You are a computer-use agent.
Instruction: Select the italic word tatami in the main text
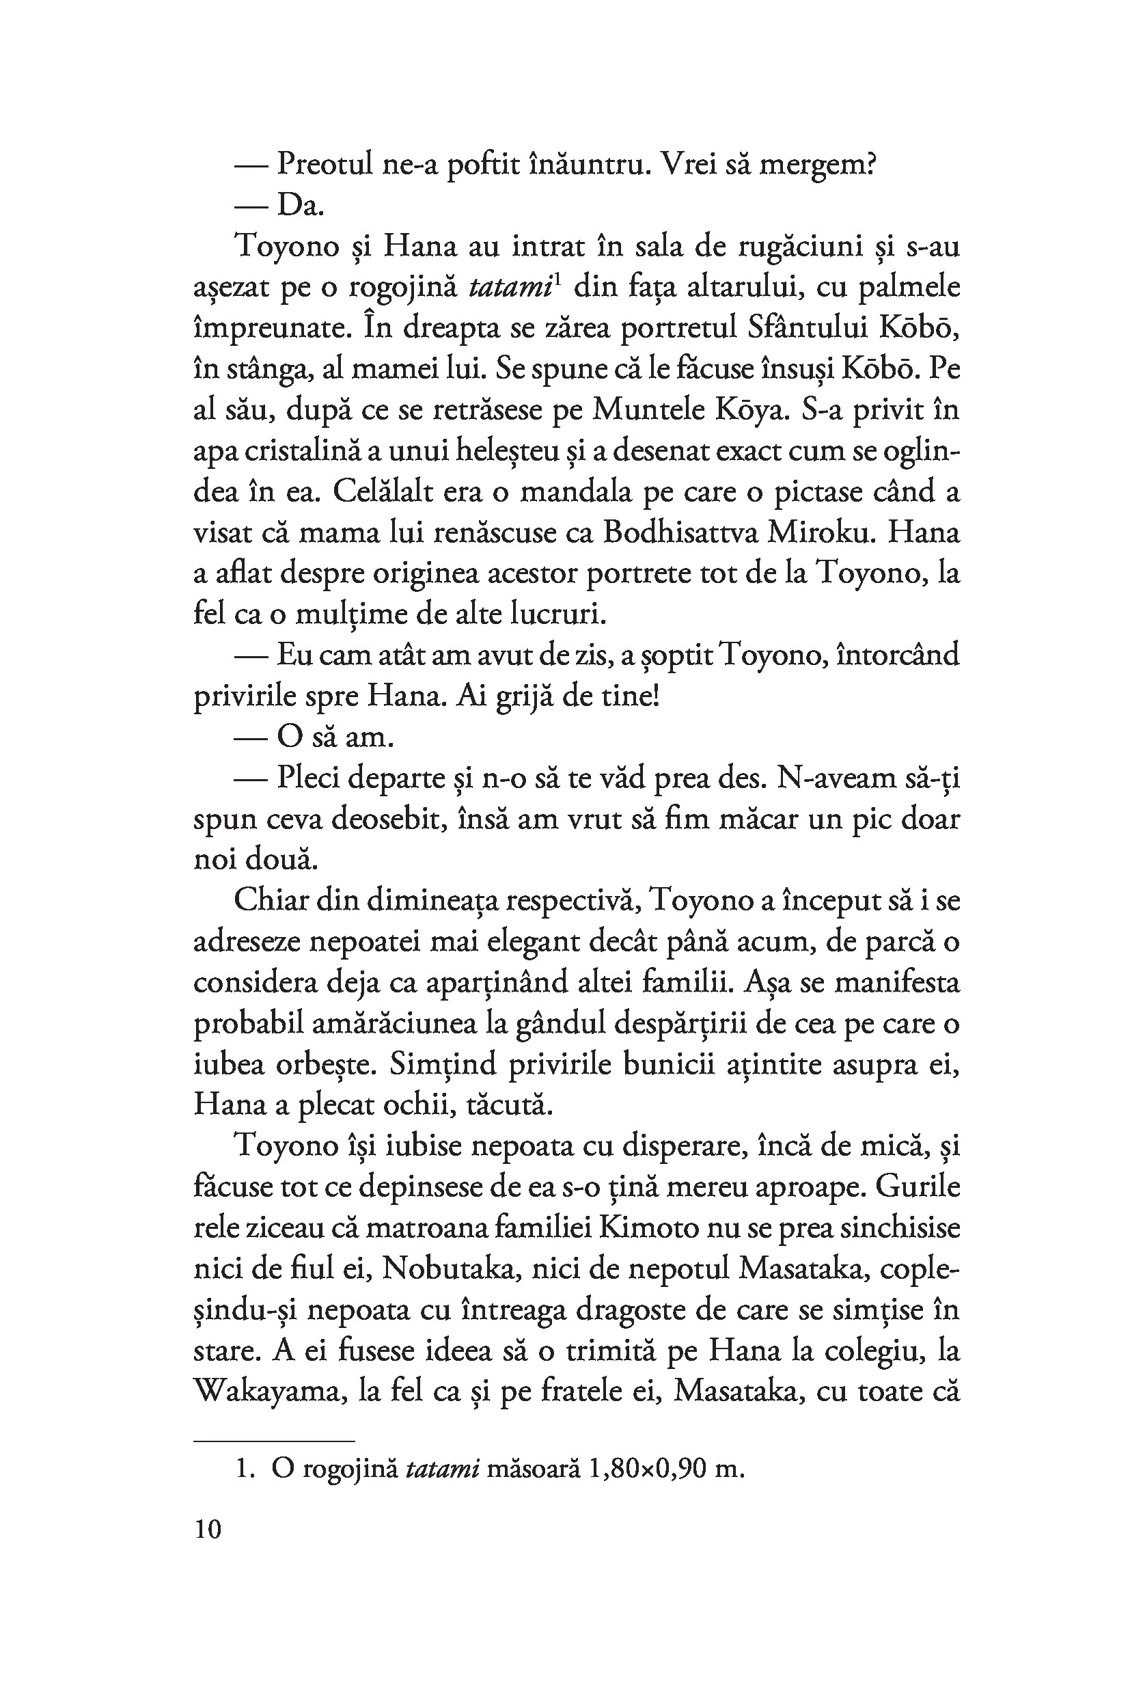click(509, 288)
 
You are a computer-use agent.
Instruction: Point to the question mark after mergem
click(869, 166)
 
